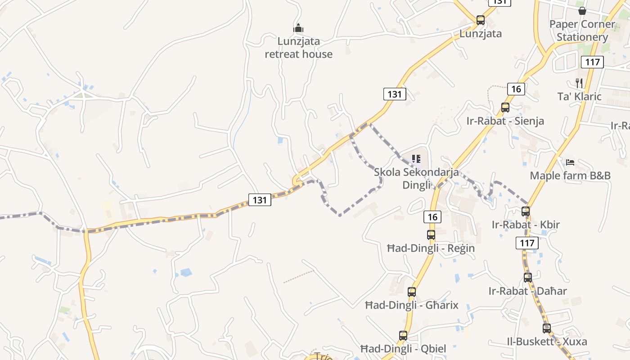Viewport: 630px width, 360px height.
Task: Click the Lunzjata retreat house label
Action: [x=298, y=48]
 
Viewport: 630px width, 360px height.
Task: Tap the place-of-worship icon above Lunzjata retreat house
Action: [x=298, y=28]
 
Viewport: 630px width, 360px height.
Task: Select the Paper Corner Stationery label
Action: [x=582, y=30]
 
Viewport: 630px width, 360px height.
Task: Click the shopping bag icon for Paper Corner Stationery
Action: [x=582, y=10]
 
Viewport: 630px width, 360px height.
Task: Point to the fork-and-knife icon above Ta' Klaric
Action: [x=579, y=83]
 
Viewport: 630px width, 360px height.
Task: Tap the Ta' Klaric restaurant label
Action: [x=579, y=96]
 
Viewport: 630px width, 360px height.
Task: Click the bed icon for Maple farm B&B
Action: [x=570, y=162]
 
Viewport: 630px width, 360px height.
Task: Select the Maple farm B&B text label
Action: [x=570, y=175]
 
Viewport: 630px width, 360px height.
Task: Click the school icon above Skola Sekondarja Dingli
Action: [x=416, y=158]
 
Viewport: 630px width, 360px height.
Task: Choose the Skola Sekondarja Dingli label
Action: [x=416, y=178]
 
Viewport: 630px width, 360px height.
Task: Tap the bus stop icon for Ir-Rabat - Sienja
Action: [x=505, y=108]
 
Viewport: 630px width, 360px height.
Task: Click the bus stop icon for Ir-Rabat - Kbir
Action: [x=526, y=211]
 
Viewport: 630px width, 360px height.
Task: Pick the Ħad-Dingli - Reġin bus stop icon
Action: [x=431, y=234]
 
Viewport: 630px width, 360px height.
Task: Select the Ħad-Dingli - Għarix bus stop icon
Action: [x=412, y=292]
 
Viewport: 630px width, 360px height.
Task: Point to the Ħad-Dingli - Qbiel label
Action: [x=403, y=349]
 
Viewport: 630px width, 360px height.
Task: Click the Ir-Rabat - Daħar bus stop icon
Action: [x=528, y=278]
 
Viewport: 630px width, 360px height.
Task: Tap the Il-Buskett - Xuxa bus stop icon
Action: [x=547, y=328]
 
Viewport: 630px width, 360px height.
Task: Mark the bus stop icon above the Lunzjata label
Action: [x=481, y=20]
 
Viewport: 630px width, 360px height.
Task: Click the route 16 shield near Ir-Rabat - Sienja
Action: [x=516, y=89]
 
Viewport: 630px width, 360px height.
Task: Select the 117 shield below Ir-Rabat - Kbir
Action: [x=526, y=243]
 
